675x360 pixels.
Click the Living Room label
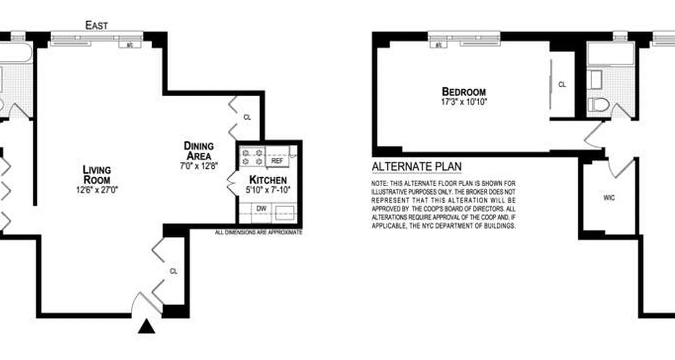pos(97,174)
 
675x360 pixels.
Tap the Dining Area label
pos(198,151)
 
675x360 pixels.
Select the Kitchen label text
pos(268,180)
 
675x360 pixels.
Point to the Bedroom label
pos(464,92)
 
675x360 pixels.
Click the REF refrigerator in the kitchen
pos(277,160)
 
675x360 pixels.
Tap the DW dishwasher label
pos(261,208)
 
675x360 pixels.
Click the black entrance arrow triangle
pos(146,327)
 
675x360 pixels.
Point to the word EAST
pos(97,26)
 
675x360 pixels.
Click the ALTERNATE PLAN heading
pos(416,167)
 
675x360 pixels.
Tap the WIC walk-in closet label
pos(609,198)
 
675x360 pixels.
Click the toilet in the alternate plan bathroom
pos(598,105)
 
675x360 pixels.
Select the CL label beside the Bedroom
pos(562,84)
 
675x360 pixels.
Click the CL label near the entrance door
pos(174,271)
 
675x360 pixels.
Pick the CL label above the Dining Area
pos(247,117)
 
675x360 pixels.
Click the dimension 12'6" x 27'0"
pos(97,190)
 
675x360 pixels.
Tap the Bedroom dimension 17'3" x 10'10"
pos(464,102)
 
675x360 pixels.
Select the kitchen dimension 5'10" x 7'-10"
pos(268,190)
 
